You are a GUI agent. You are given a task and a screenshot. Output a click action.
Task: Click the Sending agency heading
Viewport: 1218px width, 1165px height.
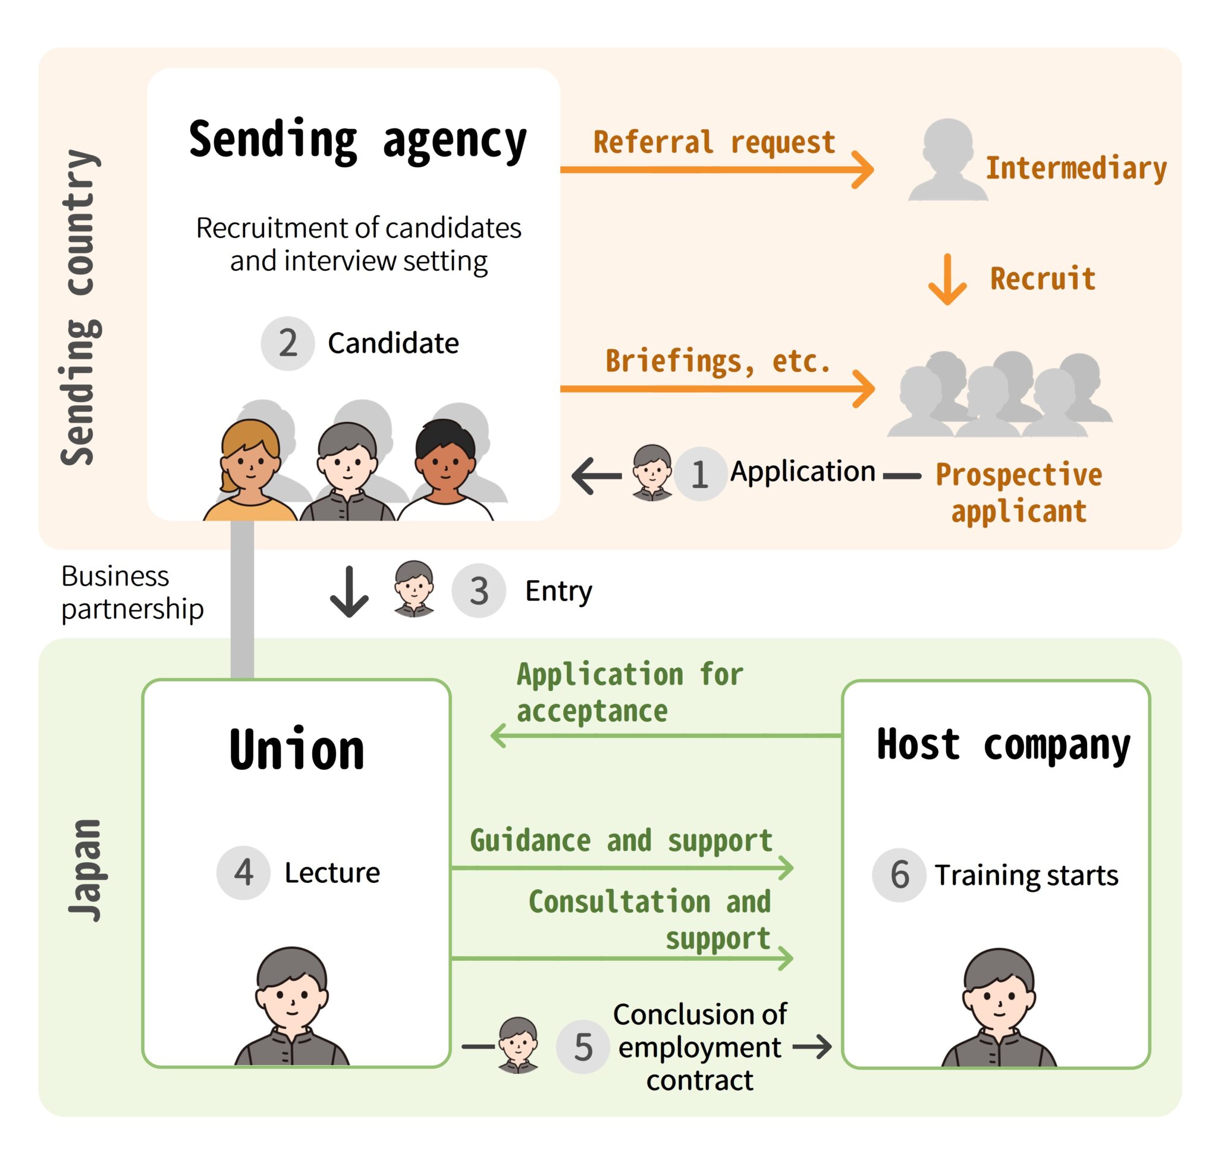[357, 141]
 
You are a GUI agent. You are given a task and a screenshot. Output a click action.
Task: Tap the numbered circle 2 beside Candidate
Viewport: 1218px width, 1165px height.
[287, 343]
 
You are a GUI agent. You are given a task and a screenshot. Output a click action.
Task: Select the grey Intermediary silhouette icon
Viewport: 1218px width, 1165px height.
[947, 160]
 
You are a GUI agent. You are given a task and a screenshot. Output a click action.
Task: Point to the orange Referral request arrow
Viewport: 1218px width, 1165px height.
[714, 169]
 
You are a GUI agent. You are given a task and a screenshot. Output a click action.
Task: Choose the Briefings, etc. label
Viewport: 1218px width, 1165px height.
[718, 361]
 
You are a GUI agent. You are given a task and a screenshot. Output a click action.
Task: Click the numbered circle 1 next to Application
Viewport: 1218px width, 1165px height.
[699, 474]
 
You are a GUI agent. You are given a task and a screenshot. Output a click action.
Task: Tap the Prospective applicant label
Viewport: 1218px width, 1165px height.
[1018, 493]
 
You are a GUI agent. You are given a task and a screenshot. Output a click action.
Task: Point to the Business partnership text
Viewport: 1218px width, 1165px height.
[131, 592]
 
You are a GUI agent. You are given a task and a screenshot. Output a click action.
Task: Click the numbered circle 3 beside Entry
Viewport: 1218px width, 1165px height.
[478, 590]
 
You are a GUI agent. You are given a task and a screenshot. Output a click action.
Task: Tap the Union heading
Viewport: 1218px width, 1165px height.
[296, 750]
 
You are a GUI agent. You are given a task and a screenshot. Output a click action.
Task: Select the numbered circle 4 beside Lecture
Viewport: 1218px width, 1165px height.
[243, 872]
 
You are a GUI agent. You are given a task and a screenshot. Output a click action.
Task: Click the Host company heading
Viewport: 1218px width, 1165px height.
[1003, 744]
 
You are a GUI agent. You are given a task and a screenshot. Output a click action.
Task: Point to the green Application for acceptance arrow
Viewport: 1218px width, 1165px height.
[664, 736]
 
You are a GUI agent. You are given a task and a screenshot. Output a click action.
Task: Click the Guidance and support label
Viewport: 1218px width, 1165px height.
[621, 841]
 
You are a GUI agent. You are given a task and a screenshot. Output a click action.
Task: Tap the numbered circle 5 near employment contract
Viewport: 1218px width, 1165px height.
[582, 1047]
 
